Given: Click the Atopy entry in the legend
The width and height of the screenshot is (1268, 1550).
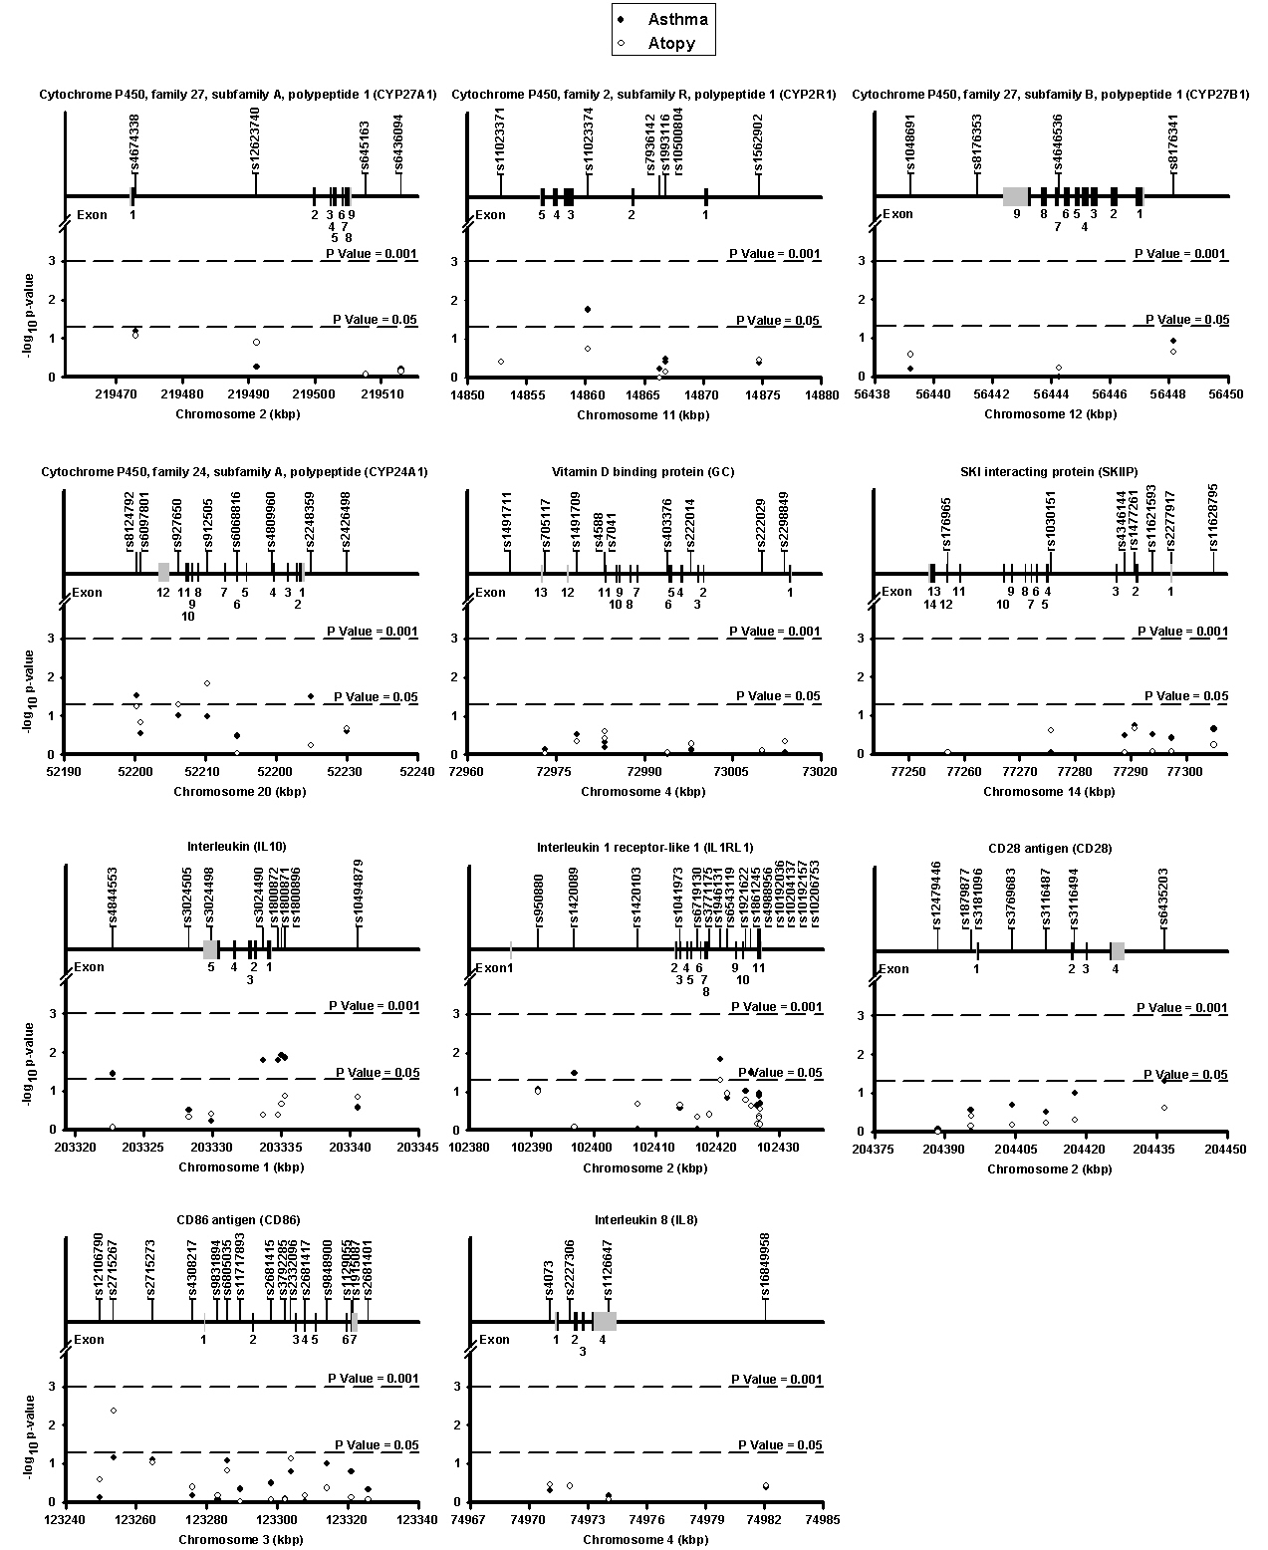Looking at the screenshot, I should tap(670, 43).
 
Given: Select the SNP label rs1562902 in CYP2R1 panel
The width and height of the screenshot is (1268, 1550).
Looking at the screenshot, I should tap(759, 143).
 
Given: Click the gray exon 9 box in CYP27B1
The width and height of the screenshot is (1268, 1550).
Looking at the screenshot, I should tap(1016, 196).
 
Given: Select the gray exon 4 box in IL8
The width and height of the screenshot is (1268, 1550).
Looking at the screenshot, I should tap(604, 1321).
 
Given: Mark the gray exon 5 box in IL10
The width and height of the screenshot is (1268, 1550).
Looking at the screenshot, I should tap(210, 948).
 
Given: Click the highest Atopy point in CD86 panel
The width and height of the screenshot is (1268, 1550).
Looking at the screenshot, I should tap(114, 1411).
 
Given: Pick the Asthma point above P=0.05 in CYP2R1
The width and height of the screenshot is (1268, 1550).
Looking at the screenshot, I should tap(588, 310).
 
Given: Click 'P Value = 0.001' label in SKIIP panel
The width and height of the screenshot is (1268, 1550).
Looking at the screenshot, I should tap(1186, 632).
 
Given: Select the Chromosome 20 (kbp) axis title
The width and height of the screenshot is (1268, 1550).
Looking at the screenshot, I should tap(239, 792).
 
